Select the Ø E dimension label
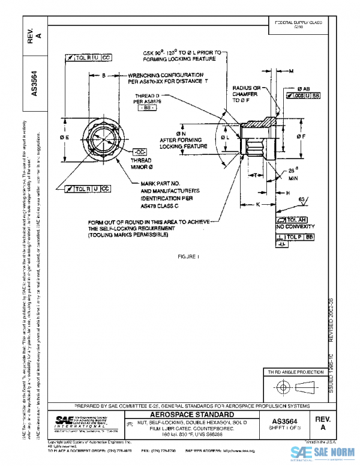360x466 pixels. pyautogui.click(x=64, y=138)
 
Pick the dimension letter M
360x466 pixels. pyautogui.click(x=291, y=71)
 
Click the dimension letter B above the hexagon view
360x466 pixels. pyautogui.click(x=103, y=76)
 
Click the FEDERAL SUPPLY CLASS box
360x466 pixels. pyautogui.click(x=298, y=24)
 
